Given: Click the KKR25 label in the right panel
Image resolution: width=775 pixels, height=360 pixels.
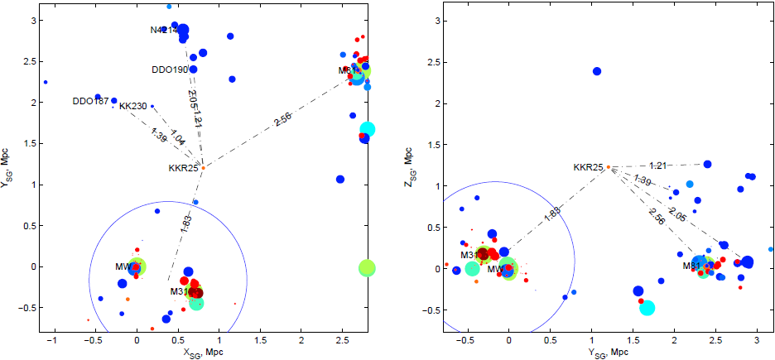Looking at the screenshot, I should point(589,167).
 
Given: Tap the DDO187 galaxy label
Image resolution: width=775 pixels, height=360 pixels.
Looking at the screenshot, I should point(90,102).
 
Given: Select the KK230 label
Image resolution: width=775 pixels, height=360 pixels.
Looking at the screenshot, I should point(132,107).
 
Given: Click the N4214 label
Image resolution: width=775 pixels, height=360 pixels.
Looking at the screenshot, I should point(164,31).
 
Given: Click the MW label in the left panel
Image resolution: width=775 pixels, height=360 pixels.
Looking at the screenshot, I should point(123,266).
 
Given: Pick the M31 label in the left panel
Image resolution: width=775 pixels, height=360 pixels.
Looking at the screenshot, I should point(180,291).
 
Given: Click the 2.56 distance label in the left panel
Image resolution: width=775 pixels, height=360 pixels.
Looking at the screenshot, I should point(282,121).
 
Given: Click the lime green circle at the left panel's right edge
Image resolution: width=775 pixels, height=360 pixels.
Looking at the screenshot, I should point(367,267).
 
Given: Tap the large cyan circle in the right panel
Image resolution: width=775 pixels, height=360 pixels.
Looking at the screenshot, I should point(647,308).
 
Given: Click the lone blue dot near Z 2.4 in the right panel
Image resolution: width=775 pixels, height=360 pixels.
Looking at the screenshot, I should point(597,71).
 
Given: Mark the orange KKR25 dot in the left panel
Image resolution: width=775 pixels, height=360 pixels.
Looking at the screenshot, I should point(203,168).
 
